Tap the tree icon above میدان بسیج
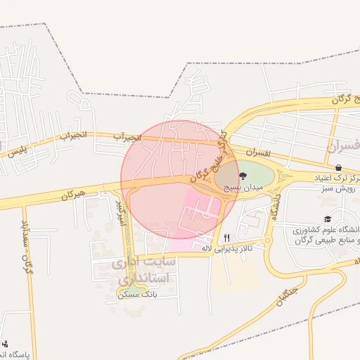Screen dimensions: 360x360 click(x=243, y=176)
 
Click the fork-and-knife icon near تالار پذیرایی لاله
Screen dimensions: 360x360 click(x=226, y=238)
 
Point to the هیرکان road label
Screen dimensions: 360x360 click(x=72, y=195)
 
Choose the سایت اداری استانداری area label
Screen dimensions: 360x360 click(x=145, y=271)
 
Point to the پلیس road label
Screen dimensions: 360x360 click(x=16, y=150)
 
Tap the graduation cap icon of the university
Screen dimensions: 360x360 click(x=328, y=219)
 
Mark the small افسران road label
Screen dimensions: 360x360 click(x=259, y=152)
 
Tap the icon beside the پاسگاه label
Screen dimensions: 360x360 click(x=6, y=345)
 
